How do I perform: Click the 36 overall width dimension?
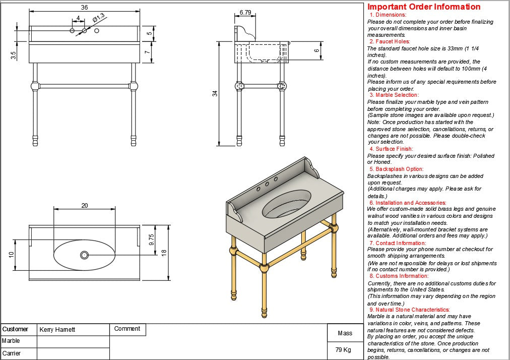click(84, 7)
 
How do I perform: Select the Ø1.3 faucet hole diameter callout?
click(99, 17)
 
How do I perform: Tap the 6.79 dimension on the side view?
click(245, 12)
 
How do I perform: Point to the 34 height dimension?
click(215, 93)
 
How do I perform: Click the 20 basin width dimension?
click(84, 205)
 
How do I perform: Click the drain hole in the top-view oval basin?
click(84, 255)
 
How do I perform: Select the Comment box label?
click(127, 329)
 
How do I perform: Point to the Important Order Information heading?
click(424, 7)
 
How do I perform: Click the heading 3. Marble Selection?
click(394, 95)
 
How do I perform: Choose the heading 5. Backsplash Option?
click(396, 169)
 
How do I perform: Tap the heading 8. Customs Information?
click(399, 276)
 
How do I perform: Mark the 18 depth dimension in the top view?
click(164, 253)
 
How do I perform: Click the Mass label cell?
click(345, 333)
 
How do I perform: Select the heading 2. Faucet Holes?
click(390, 41)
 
